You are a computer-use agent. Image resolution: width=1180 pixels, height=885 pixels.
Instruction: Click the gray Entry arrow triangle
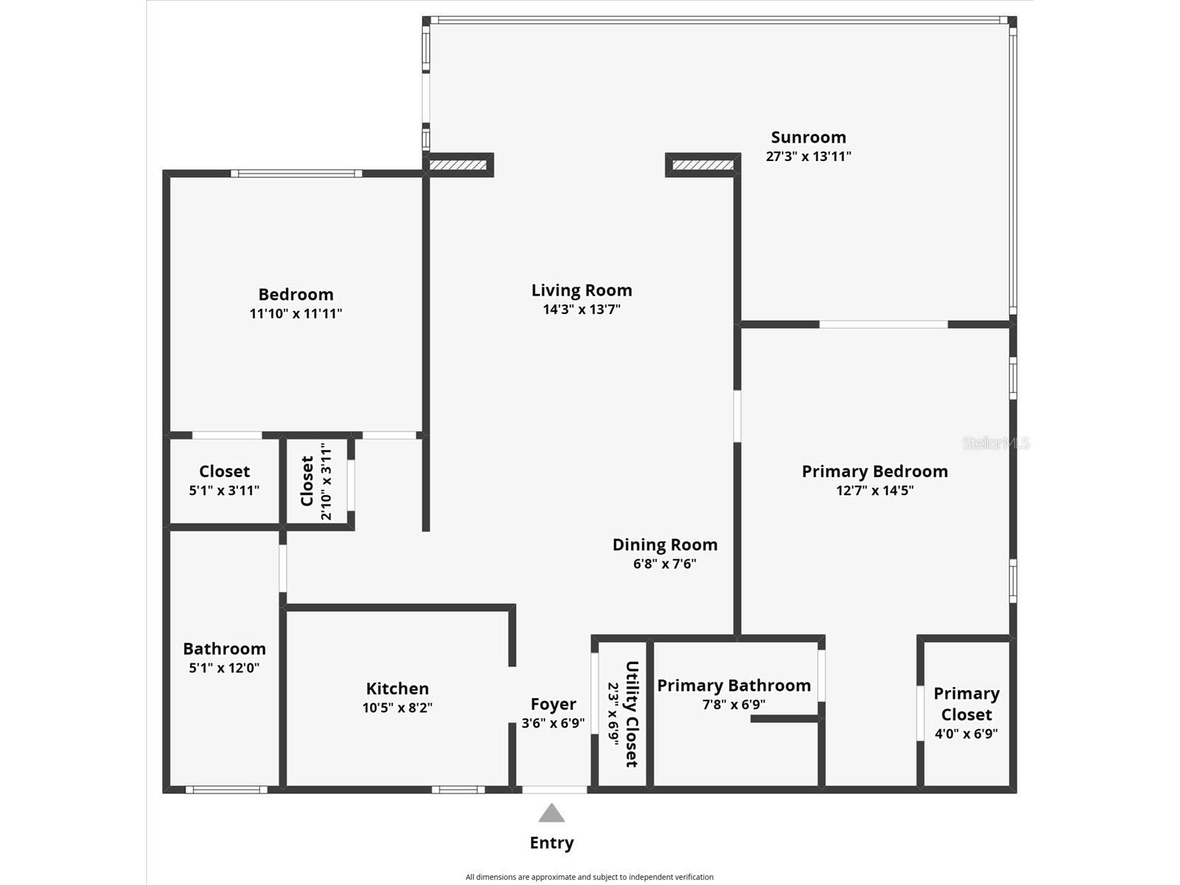point(551,813)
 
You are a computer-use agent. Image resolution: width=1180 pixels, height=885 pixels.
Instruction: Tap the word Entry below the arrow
point(551,843)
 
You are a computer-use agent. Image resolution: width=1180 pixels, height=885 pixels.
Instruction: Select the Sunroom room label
point(808,137)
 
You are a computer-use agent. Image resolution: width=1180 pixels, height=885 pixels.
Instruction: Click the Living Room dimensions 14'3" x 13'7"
point(582,310)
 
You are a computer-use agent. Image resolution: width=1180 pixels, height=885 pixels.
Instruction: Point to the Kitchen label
point(398,688)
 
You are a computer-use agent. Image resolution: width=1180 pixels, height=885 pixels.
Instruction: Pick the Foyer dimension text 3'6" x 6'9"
point(553,723)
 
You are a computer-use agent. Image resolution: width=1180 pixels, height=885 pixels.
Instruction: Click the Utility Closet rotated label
point(631,714)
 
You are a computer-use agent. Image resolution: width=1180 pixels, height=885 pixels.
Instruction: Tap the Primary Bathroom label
point(734,686)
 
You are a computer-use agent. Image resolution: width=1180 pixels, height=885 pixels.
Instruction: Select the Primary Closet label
point(966,704)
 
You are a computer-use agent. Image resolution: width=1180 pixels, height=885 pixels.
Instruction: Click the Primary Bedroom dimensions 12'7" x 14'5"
point(875,491)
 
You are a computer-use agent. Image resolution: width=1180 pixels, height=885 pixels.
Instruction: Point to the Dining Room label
point(665,544)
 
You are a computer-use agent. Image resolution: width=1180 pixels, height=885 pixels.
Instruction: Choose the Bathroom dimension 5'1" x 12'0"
point(224,668)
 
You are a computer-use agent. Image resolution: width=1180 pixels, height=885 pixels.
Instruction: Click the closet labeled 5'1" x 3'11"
point(224,480)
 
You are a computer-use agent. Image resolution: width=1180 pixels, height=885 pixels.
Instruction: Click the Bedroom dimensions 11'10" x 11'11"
point(296,313)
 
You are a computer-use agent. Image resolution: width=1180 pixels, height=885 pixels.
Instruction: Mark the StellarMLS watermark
point(995,442)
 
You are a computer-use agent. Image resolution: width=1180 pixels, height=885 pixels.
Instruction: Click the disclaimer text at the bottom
point(589,877)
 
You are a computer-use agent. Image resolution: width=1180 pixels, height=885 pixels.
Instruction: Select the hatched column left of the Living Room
point(458,165)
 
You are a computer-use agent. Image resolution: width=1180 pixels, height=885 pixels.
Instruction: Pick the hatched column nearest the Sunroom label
point(703,165)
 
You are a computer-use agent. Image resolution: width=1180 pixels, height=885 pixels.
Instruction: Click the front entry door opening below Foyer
point(554,790)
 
